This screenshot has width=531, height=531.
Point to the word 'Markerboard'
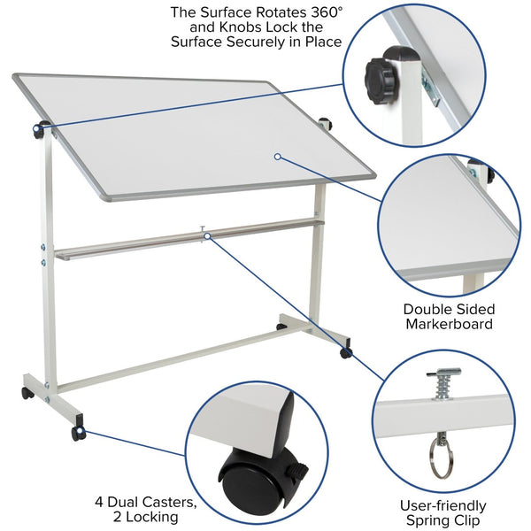click(x=449, y=325)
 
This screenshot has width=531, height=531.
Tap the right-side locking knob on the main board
click(x=324, y=124)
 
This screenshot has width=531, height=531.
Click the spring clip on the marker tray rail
click(x=204, y=235)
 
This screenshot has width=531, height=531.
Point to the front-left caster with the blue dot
click(x=79, y=433)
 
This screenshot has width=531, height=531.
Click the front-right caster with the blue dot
click(x=345, y=353)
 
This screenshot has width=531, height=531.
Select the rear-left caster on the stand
click(x=27, y=393)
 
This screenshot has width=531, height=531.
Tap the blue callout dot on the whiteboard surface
click(x=277, y=157)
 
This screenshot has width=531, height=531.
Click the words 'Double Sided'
click(x=449, y=309)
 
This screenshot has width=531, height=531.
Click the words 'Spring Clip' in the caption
click(x=446, y=520)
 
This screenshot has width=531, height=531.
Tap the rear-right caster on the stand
click(x=281, y=327)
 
